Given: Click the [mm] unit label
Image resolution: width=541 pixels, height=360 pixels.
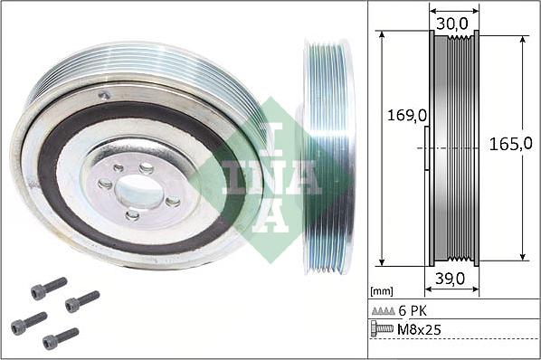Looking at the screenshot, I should (382, 291).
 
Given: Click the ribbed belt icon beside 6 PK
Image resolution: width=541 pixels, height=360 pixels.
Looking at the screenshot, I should (383, 310).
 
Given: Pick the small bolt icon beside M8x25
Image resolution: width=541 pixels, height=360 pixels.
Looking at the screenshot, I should (383, 328).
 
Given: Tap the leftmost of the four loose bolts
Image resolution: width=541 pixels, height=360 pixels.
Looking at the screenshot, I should (28, 322).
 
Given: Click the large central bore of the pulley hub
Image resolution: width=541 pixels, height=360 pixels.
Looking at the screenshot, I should (138, 191).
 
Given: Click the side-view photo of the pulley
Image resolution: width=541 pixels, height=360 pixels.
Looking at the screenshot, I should (327, 156).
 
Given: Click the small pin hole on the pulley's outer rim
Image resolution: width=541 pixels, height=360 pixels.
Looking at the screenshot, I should (105, 95).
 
